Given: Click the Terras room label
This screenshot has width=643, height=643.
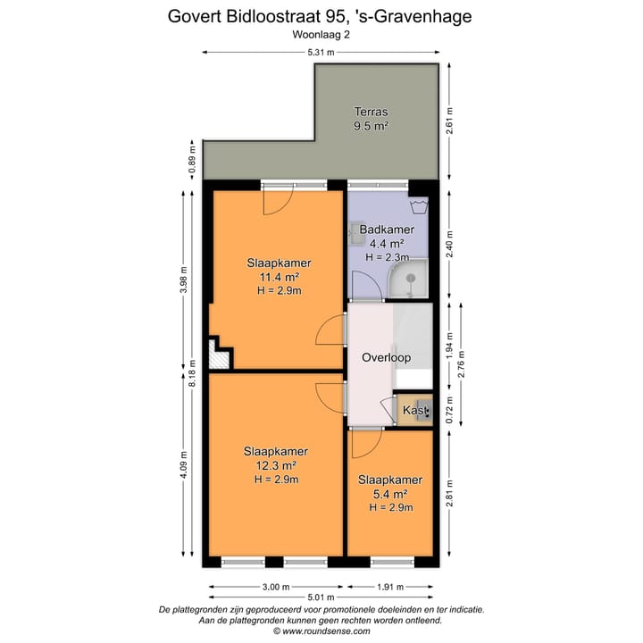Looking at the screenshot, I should pos(372,113).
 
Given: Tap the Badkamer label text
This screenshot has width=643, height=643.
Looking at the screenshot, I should pos(381,230).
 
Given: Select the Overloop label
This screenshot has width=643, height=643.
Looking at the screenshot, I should pos(386,357).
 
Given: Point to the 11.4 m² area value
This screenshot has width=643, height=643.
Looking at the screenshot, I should pos(279,277).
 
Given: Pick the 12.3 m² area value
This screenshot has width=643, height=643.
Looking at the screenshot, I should pos(276,465).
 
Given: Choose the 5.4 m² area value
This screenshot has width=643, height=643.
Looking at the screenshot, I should pos(389,494).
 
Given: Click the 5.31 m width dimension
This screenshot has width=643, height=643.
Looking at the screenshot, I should pos(321,53).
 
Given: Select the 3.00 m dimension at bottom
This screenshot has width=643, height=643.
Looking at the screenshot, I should pos(276,587).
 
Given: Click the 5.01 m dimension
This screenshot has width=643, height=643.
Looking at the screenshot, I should pos(321,597).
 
